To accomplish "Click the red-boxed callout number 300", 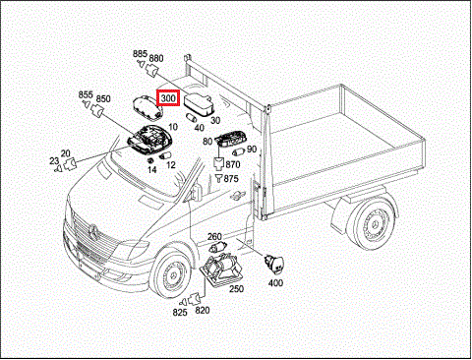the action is pos(168,98).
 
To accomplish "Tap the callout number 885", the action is pos(140,54).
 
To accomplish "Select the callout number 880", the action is pos(156,58).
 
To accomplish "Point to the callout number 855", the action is pos(86,94).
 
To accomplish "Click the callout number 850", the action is pos(103,98).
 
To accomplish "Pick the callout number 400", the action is pos(275,282).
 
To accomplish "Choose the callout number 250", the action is pos(236,288).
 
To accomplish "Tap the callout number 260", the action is pos(214,236).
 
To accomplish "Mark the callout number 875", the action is pos(231,179).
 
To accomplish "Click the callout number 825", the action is pos(180,313).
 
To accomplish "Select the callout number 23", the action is pos(54,161).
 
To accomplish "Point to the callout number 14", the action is pos(151,170).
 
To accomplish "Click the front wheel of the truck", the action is pos(171,274).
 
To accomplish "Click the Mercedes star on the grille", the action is pos(94,231).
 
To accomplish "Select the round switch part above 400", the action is pos(274,265).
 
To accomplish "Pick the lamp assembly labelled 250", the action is pos(220,270).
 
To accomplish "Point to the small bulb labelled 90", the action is pos(238,151).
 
